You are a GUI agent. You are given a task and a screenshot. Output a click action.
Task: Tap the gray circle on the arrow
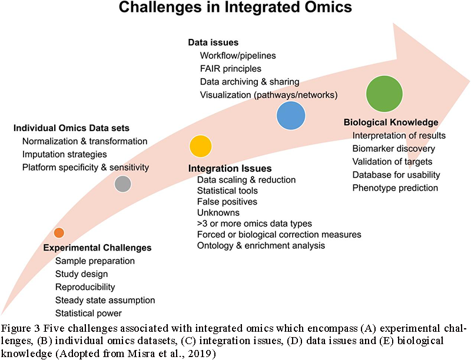(x=122, y=184)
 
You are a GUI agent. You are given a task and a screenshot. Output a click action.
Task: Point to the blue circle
(x=291, y=115)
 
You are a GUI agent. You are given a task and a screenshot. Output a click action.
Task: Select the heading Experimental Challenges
(x=97, y=248)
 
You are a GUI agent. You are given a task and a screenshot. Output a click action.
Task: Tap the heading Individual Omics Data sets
(x=72, y=128)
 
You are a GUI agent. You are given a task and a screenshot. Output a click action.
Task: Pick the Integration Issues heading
(x=230, y=168)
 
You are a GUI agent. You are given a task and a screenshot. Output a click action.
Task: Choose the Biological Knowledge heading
(x=391, y=122)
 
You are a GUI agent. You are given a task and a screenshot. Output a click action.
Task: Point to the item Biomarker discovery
(x=394, y=148)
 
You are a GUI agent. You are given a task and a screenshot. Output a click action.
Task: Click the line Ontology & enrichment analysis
(x=261, y=245)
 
